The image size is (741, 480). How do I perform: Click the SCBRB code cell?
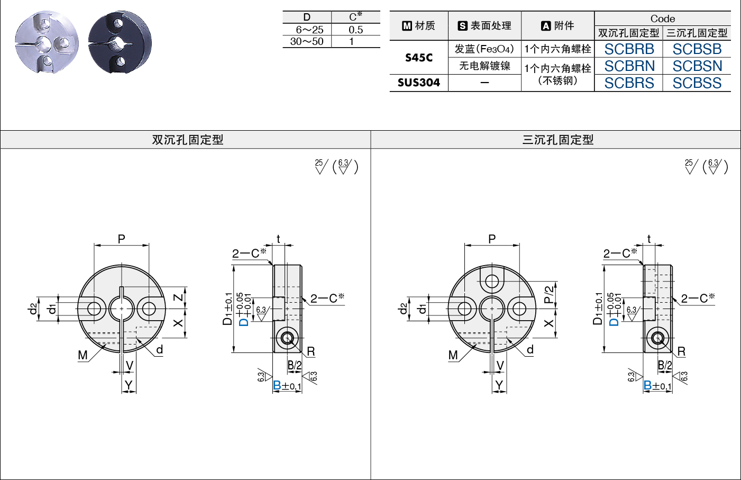pyautogui.click(x=629, y=49)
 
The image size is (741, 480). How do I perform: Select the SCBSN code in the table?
pyautogui.click(x=697, y=66)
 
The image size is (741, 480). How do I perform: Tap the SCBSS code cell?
pyautogui.click(x=697, y=83)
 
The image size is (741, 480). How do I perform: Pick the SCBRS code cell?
pyautogui.click(x=629, y=83)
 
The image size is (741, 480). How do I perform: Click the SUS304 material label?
pyautogui.click(x=419, y=83)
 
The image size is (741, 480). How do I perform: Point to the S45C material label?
pyautogui.click(x=419, y=58)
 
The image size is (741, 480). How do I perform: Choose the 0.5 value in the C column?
pyautogui.click(x=355, y=30)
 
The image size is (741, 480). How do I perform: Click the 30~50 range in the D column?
pyautogui.click(x=307, y=41)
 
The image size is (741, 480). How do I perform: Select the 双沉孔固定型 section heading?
pyautogui.click(x=188, y=140)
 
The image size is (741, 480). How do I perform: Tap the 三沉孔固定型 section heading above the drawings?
pyautogui.click(x=558, y=140)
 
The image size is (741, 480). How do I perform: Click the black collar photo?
pyautogui.click(x=120, y=42)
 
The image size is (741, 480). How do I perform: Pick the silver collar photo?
pyautogui.click(x=47, y=42)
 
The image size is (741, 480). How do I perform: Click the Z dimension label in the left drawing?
pyautogui.click(x=178, y=297)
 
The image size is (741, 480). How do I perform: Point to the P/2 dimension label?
pyautogui.click(x=549, y=295)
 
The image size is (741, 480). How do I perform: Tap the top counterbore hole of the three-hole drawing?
pyautogui.click(x=492, y=282)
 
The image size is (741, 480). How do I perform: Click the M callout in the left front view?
pyautogui.click(x=83, y=355)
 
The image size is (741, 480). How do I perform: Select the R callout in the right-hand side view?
pyautogui.click(x=681, y=351)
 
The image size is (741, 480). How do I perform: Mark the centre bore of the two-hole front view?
pyautogui.click(x=122, y=309)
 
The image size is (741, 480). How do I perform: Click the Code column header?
pyautogui.click(x=663, y=19)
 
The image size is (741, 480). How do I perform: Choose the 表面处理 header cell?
pyautogui.click(x=484, y=25)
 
